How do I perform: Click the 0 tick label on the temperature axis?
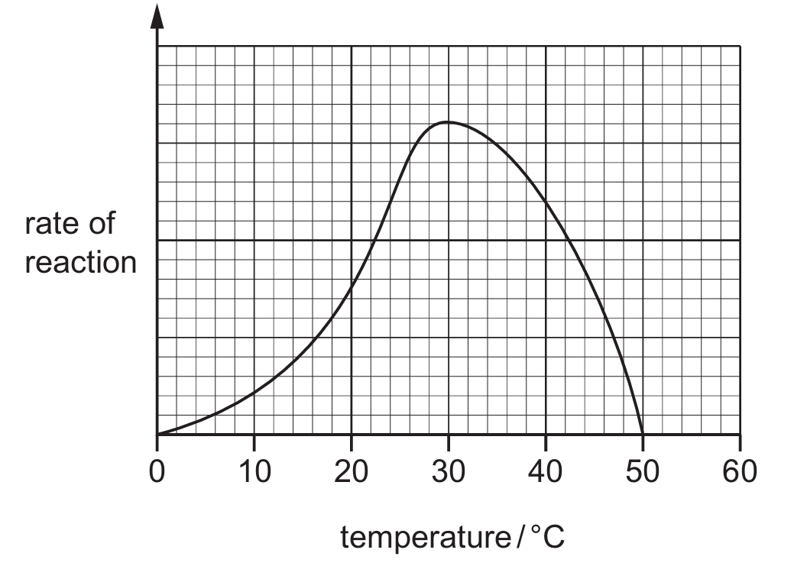(x=157, y=471)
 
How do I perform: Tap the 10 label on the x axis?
(x=254, y=471)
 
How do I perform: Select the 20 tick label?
(x=351, y=471)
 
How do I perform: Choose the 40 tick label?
(x=545, y=471)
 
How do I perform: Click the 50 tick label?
(x=642, y=471)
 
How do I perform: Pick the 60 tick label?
(x=739, y=471)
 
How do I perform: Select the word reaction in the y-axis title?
(x=80, y=263)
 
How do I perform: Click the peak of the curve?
(x=448, y=122)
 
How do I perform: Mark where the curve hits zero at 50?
(x=642, y=434)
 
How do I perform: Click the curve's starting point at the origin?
(x=157, y=434)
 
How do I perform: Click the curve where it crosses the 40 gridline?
(x=545, y=202)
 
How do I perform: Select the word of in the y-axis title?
(x=102, y=225)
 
